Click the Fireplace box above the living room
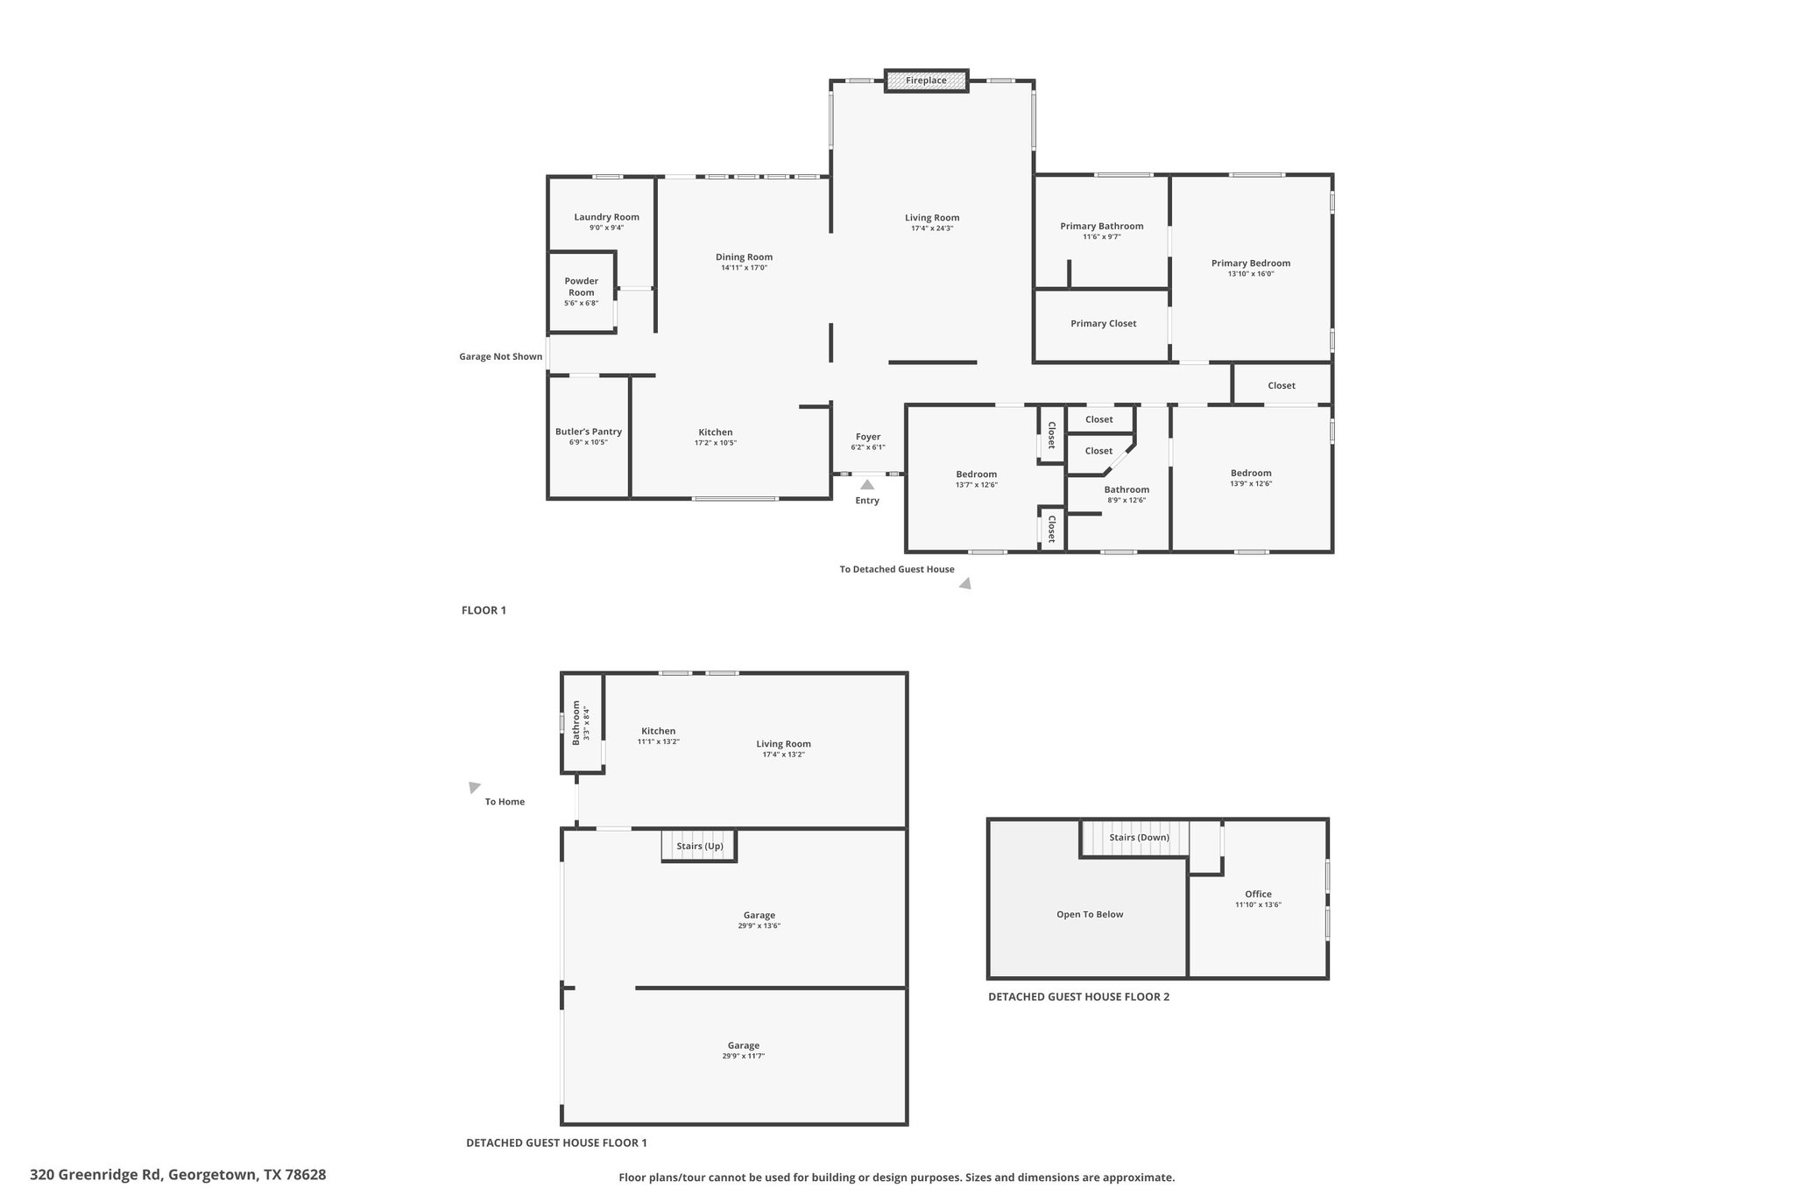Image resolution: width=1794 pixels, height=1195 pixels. point(926,81)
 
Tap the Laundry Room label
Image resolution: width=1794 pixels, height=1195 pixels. point(606,217)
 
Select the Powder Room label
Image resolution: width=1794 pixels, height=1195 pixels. point(581,286)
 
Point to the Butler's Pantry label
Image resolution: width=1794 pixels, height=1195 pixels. point(588,432)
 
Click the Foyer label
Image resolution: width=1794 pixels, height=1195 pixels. point(868,437)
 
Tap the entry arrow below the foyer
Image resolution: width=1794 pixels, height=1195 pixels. point(866,484)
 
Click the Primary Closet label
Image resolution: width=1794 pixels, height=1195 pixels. point(1103,324)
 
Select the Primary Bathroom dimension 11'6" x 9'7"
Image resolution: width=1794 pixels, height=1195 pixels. point(1101,236)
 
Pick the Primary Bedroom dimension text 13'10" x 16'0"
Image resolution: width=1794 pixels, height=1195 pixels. point(1251,273)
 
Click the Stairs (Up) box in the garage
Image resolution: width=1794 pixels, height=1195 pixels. point(699,846)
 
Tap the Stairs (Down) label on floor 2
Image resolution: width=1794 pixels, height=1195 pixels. point(1139,837)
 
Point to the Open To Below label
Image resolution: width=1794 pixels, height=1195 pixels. point(1090,914)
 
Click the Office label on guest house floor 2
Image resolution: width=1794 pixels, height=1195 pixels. point(1258,894)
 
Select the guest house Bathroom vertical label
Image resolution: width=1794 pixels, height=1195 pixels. point(576,722)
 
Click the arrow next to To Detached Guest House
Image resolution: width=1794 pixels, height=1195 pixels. point(964,583)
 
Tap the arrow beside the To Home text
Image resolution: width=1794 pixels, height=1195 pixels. point(474,787)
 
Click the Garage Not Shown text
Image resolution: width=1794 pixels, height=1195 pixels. point(500,356)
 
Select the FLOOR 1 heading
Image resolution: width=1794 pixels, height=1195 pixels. point(484,610)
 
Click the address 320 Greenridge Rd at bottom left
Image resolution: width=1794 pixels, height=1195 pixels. point(95,1175)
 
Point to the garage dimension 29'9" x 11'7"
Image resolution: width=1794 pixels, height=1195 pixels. point(743,1056)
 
